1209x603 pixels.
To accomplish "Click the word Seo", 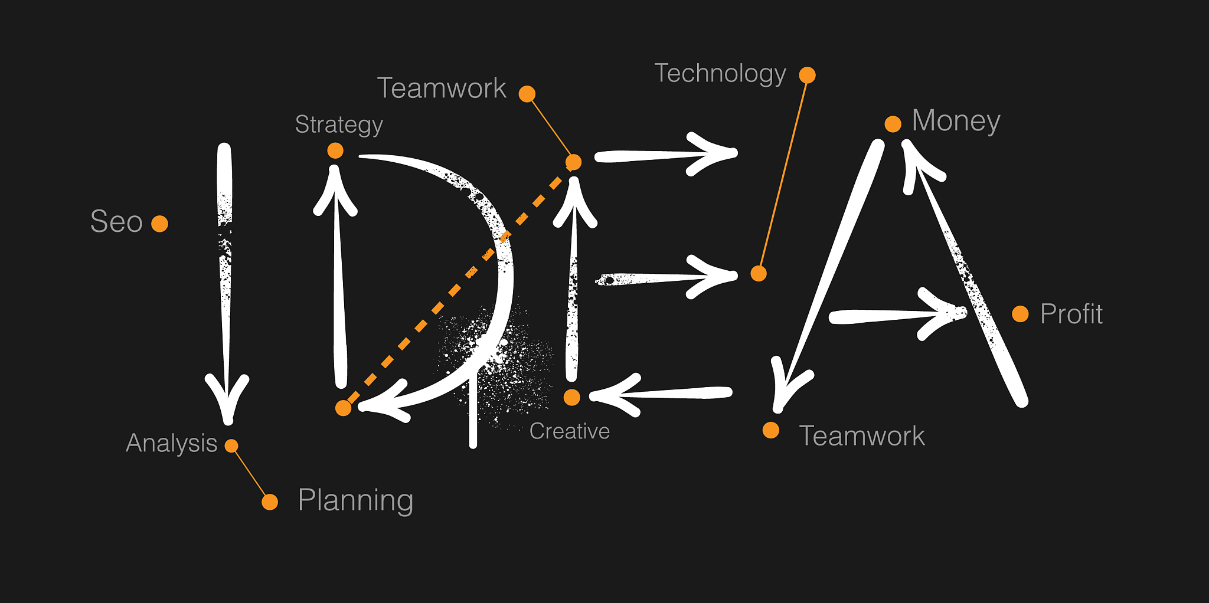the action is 116,222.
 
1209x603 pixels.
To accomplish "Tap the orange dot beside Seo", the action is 159,224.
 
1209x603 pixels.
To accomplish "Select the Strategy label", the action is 339,125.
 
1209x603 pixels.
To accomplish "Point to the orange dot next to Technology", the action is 807,75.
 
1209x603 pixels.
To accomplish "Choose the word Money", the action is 956,122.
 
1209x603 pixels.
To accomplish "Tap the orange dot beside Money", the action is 893,124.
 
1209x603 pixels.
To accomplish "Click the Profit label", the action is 1071,314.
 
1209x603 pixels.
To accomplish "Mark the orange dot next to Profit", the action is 1020,314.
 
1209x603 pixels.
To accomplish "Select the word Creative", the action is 570,431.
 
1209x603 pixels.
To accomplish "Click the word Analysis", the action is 172,443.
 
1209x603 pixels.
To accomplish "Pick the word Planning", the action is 355,501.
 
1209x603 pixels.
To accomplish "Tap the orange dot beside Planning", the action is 270,502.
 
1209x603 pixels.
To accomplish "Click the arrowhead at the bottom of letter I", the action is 227,399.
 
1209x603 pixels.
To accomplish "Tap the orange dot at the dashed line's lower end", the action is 343,408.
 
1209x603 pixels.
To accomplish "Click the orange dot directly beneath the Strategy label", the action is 335,150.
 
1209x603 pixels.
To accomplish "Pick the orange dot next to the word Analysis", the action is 231,445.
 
